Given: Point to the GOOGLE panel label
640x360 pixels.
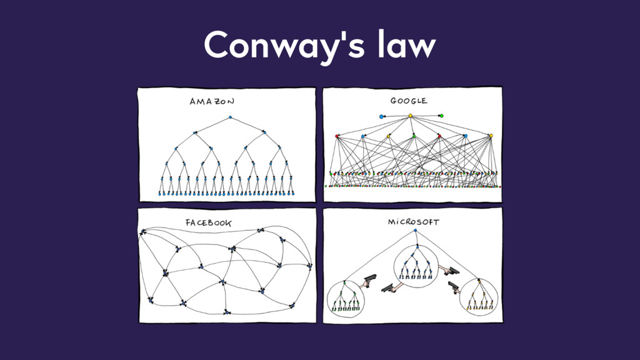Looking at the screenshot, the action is pyautogui.click(x=409, y=101).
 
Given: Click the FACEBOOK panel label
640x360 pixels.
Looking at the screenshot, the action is pyautogui.click(x=208, y=222).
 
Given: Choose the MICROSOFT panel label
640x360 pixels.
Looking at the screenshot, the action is pyautogui.click(x=413, y=222).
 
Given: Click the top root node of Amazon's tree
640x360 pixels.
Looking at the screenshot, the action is pyautogui.click(x=230, y=117).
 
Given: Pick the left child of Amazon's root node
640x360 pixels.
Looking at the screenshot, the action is pyautogui.click(x=196, y=132).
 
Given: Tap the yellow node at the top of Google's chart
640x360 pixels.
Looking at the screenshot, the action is pyautogui.click(x=411, y=116).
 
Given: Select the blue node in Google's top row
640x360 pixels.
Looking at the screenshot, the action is pyautogui.click(x=381, y=116).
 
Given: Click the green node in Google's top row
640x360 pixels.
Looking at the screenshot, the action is pyautogui.click(x=441, y=116).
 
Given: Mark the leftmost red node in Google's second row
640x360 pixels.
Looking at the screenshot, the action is pyautogui.click(x=337, y=136).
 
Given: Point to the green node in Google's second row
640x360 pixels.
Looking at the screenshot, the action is pyautogui.click(x=414, y=136).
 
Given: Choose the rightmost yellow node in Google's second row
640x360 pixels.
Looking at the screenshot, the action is pyautogui.click(x=491, y=136).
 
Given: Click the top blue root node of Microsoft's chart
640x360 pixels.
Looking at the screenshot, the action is pyautogui.click(x=415, y=232).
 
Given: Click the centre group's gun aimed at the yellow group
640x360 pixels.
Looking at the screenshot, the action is pyautogui.click(x=449, y=271).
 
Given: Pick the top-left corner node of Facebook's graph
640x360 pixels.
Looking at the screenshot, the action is pyautogui.click(x=143, y=232).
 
